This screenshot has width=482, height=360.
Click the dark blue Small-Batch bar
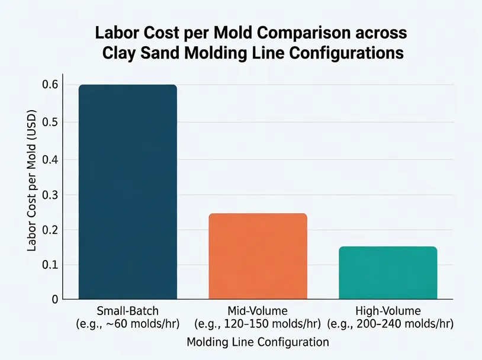(x=128, y=192)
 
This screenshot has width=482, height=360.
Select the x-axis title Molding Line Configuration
(x=258, y=342)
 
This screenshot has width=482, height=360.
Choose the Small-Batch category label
(x=128, y=310)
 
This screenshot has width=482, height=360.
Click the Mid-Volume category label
(x=258, y=310)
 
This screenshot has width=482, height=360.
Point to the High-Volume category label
(x=388, y=310)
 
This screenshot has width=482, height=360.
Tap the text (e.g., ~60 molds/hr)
(x=128, y=324)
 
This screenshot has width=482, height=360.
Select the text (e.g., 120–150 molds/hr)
(x=258, y=324)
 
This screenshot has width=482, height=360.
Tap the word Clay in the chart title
(x=116, y=53)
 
